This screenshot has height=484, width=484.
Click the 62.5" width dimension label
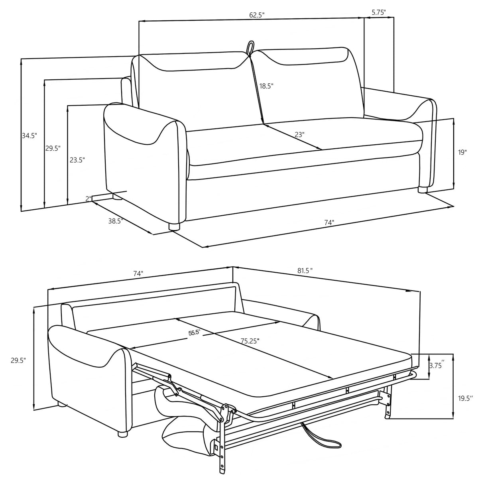[x=257, y=15]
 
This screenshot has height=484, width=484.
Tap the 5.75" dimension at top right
[x=378, y=12]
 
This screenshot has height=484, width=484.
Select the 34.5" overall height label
[x=29, y=136]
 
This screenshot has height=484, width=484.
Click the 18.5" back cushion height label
[x=266, y=86]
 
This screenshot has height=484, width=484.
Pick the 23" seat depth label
[x=299, y=135]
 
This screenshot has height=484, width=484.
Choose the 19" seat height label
[x=462, y=152]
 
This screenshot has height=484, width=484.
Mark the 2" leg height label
[x=89, y=198]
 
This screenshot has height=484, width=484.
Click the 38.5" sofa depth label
[x=115, y=221]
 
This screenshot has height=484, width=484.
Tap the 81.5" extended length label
[x=305, y=270]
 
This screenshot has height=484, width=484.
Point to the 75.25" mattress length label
[x=250, y=341]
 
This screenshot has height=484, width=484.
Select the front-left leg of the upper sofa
[x=174, y=227]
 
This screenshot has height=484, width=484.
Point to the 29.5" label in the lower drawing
[x=18, y=360]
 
